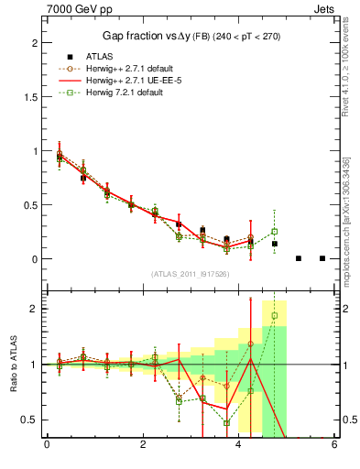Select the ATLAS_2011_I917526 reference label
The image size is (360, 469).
(x=189, y=273)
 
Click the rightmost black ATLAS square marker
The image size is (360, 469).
(x=322, y=258)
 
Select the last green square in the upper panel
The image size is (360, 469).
(x=274, y=231)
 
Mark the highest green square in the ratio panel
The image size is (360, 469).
(x=274, y=316)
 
